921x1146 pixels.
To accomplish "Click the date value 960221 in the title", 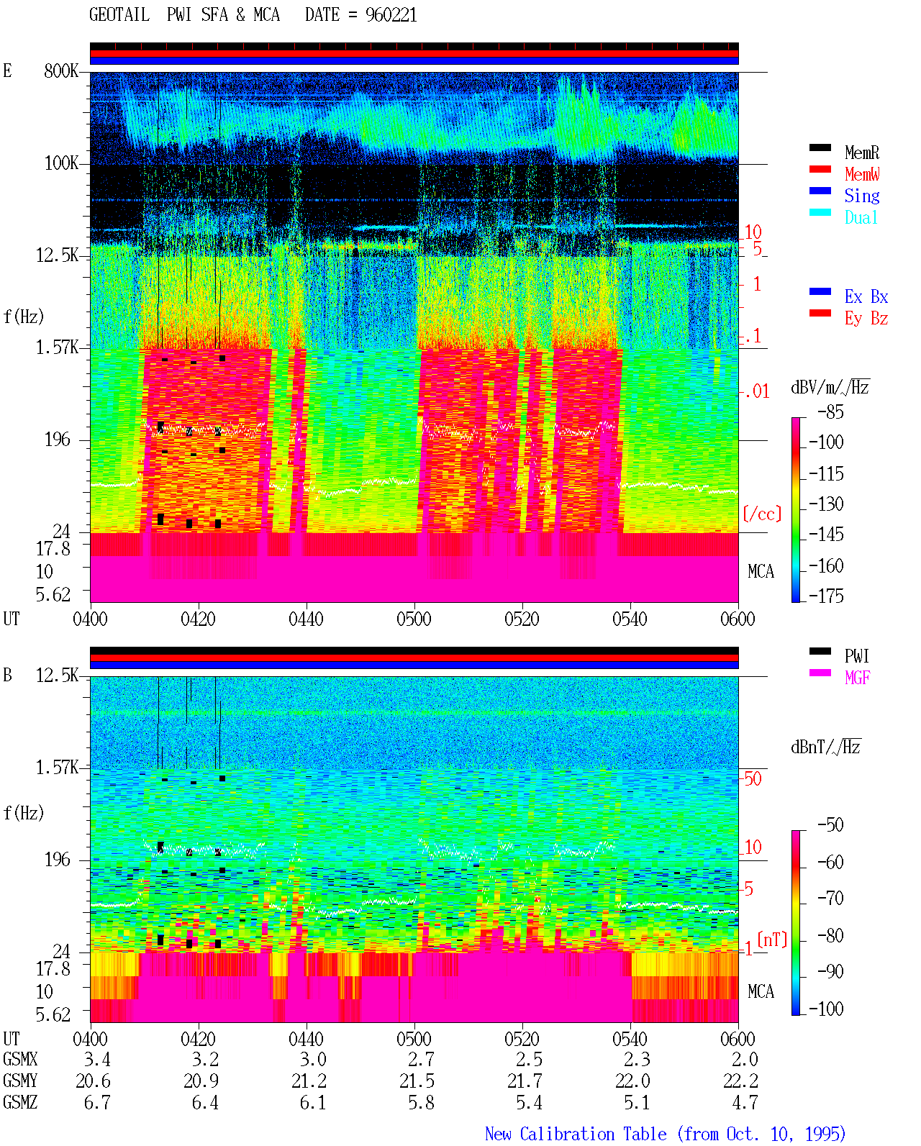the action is (x=391, y=15).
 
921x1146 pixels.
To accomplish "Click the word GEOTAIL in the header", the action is (x=119, y=15).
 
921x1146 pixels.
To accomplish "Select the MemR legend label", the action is (x=861, y=153).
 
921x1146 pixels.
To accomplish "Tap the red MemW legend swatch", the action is (x=820, y=169).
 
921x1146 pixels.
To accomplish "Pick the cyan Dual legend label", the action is (x=861, y=217).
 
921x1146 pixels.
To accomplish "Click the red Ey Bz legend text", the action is (x=866, y=319).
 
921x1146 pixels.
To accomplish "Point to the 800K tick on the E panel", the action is (x=61, y=71).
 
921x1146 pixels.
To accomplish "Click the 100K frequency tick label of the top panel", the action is (x=61, y=163).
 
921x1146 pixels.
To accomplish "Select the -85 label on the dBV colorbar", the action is (x=830, y=411).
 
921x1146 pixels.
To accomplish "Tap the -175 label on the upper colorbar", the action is (x=826, y=596).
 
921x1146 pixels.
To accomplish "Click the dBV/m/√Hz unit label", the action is (x=830, y=387).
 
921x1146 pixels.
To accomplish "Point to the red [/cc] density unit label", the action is (x=762, y=514).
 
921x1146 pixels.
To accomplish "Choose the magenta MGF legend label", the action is (x=857, y=678).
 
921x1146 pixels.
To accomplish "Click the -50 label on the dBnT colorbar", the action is (x=830, y=825).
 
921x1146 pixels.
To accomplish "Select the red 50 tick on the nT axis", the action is (x=753, y=779).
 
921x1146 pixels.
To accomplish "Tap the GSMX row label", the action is (x=20, y=1059).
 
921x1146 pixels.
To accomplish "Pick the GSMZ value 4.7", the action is (x=745, y=1102).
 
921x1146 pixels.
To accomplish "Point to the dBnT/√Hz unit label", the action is (x=825, y=747).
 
